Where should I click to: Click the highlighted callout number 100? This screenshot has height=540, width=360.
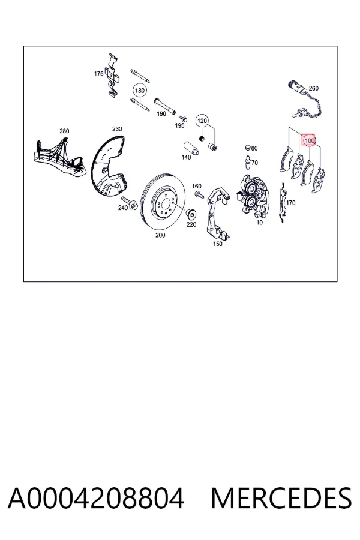[x=308, y=140]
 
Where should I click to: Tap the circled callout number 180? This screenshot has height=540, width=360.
[x=140, y=91]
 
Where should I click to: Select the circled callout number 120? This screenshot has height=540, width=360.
[x=202, y=121]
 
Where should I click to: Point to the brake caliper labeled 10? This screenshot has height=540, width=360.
[x=253, y=196]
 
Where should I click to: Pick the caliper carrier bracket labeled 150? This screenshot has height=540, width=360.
[x=218, y=213]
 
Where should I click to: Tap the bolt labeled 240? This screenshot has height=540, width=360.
[x=130, y=203]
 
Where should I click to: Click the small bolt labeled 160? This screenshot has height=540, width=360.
[x=199, y=194]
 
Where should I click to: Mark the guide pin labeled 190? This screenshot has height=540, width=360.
[x=165, y=106]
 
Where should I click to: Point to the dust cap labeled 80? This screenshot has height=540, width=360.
[x=247, y=148]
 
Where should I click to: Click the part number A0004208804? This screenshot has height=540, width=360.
[x=96, y=499]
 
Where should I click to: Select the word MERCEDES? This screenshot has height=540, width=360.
[x=281, y=499]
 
